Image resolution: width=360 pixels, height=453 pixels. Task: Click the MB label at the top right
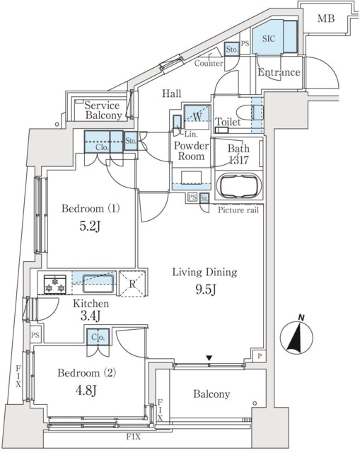(x=326, y=18)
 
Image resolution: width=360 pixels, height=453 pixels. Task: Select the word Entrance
(x=279, y=73)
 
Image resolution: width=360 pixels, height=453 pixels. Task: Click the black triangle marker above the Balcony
(x=209, y=358)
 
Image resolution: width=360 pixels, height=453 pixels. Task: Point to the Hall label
(x=172, y=93)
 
